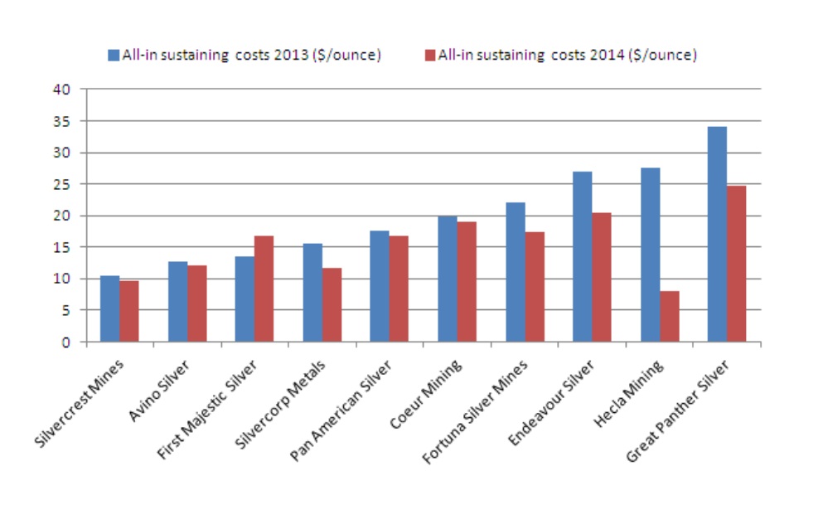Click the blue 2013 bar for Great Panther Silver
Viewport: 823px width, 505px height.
click(x=717, y=234)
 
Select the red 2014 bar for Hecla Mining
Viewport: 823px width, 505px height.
click(x=669, y=316)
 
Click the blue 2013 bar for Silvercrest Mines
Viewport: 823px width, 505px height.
click(x=109, y=308)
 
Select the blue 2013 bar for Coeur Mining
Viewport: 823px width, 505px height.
click(x=447, y=279)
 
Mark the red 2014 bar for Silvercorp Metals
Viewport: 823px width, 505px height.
click(x=332, y=304)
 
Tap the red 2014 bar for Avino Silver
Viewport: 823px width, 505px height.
click(x=196, y=303)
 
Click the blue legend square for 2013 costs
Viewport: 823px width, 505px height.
click(x=114, y=56)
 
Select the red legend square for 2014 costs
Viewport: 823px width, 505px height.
click(x=429, y=56)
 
